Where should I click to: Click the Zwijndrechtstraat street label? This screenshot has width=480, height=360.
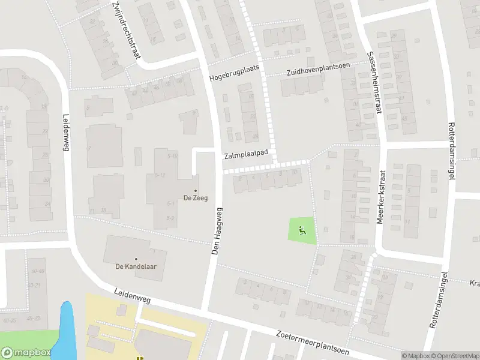(126, 30)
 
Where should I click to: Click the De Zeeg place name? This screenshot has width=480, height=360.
(196, 198)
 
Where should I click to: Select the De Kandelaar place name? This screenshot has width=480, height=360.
(136, 266)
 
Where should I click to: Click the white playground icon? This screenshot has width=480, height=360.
(302, 227)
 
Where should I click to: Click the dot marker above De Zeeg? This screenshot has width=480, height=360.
(196, 191)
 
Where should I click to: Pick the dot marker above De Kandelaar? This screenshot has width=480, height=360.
(136, 259)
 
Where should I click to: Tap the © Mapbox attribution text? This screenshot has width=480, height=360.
(415, 356)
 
